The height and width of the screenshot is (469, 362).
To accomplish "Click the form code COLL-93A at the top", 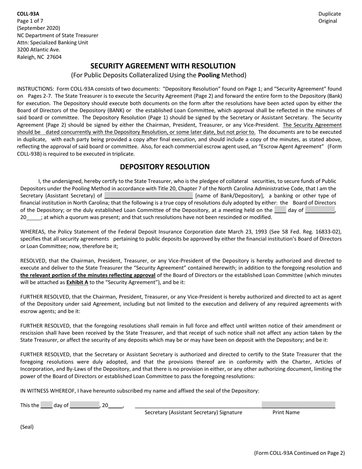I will pyautogui.click(x=28, y=14).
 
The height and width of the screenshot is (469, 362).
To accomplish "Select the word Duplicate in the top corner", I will pyautogui.click(x=330, y=14).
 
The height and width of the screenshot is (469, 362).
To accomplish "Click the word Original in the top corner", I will pyautogui.click(x=328, y=21).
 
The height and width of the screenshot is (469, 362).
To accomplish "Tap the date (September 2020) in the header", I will pyautogui.click(x=38, y=28).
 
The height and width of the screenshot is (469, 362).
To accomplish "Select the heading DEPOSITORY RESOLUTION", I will pyautogui.click(x=165, y=167).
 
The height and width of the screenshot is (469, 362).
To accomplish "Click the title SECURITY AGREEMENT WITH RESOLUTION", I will pyautogui.click(x=163, y=66).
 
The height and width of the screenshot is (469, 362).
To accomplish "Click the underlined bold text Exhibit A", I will pyautogui.click(x=77, y=283).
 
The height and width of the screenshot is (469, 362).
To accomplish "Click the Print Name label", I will pyautogui.click(x=286, y=413).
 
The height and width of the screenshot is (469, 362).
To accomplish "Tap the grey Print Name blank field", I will pyautogui.click(x=298, y=405).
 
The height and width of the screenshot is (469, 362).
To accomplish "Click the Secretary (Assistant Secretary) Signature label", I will pyautogui.click(x=193, y=413).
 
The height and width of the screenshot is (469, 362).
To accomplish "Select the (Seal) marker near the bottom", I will pyautogui.click(x=27, y=427).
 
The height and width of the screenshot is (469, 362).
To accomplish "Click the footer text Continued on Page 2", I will pyautogui.click(x=299, y=453).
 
